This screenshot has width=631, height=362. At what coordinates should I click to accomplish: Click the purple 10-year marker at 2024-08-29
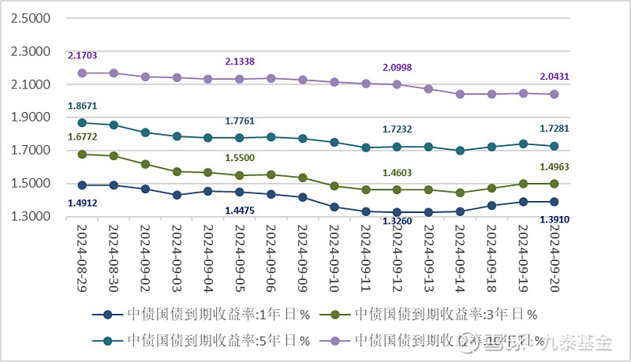(x=82, y=73)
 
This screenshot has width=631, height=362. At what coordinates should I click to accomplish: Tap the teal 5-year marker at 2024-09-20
(x=554, y=146)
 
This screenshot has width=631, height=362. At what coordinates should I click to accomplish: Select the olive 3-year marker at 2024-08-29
(x=82, y=155)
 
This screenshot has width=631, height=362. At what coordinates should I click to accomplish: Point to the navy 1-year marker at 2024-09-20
(x=554, y=201)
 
